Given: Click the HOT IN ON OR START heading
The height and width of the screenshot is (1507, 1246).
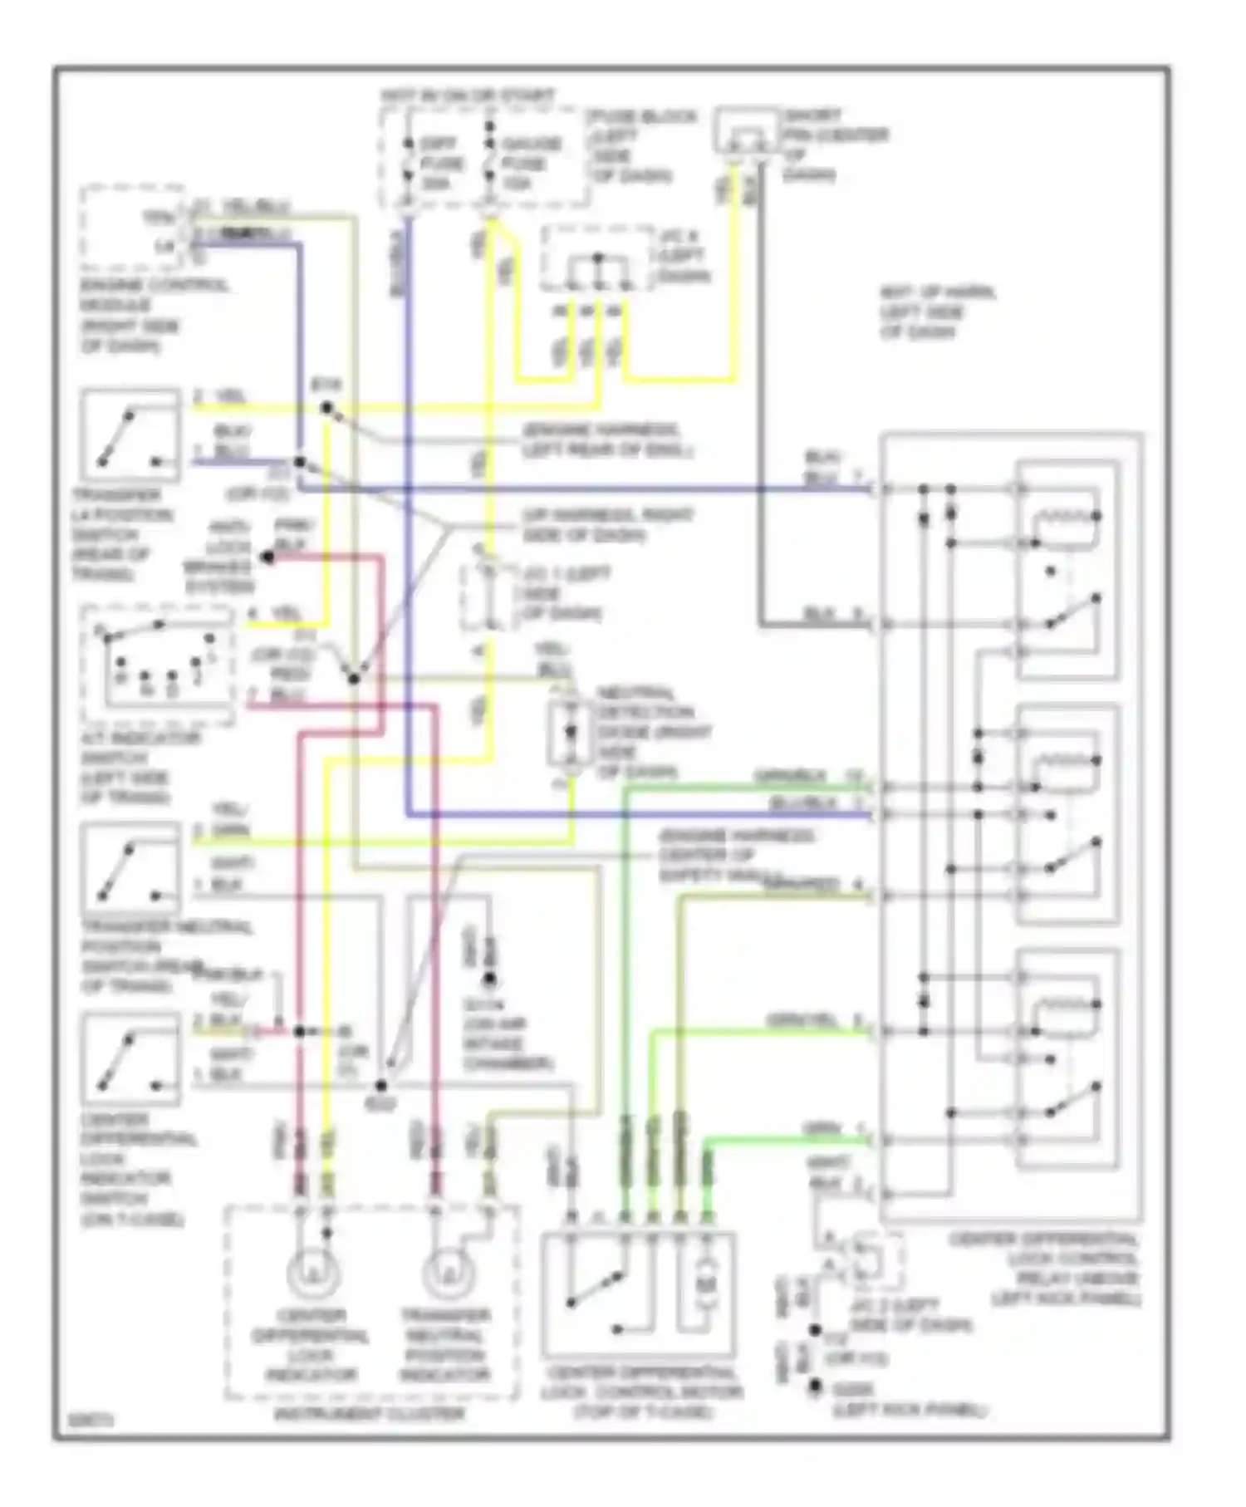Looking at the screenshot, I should (x=468, y=96).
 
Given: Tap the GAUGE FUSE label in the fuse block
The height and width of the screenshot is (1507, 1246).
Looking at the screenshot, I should (x=532, y=163).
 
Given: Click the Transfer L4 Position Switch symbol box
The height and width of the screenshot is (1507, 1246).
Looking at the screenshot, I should (x=130, y=435).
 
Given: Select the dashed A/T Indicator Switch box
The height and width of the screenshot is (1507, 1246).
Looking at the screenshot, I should (x=158, y=665).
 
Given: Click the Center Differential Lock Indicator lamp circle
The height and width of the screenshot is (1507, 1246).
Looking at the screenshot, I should (x=313, y=1272).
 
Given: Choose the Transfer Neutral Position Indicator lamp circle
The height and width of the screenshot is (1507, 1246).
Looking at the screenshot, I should (x=448, y=1272).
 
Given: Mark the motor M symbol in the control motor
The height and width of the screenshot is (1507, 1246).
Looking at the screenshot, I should (x=705, y=1284).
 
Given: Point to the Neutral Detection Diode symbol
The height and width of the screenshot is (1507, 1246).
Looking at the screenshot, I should (x=570, y=732).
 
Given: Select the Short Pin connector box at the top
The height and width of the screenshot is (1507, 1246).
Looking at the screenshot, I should (x=746, y=131).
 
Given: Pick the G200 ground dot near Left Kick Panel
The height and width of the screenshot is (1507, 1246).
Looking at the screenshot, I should (x=816, y=1387).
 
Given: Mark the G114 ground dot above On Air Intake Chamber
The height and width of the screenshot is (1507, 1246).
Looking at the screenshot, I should (x=490, y=979).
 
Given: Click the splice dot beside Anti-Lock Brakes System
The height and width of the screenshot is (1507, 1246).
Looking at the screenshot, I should (x=267, y=557).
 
